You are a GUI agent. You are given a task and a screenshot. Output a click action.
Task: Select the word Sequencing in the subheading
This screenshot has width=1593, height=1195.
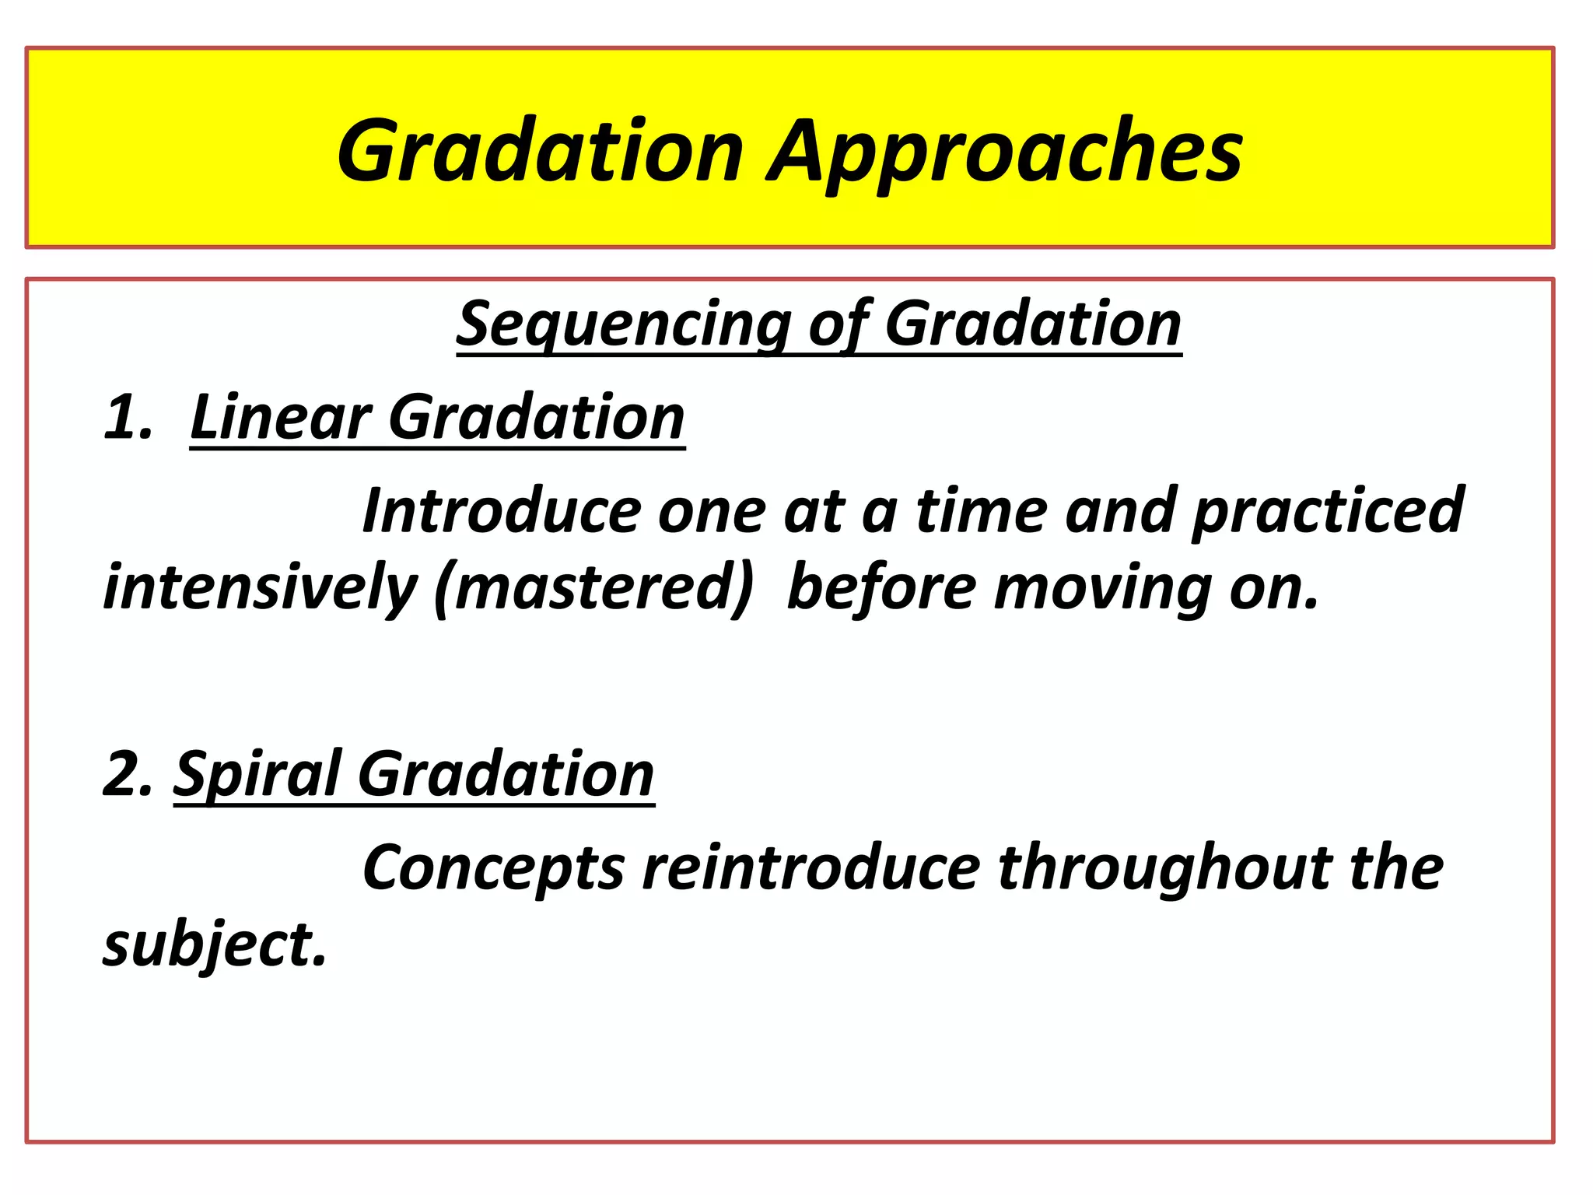coord(623,324)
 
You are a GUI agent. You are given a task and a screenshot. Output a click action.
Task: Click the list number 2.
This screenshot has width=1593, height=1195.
coord(127,774)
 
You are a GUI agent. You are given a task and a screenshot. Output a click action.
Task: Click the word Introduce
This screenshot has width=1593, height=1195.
coord(501,510)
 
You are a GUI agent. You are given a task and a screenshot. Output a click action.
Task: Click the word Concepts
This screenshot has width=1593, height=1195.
coord(493,867)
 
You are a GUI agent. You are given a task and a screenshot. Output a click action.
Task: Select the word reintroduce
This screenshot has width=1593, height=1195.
coord(811,867)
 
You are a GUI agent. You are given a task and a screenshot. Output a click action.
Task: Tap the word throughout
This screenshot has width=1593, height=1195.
coord(1164,867)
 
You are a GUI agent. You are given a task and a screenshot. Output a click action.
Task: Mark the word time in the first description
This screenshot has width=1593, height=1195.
coord(982,510)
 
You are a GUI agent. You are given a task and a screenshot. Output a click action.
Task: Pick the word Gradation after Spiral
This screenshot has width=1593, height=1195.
coord(506,774)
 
